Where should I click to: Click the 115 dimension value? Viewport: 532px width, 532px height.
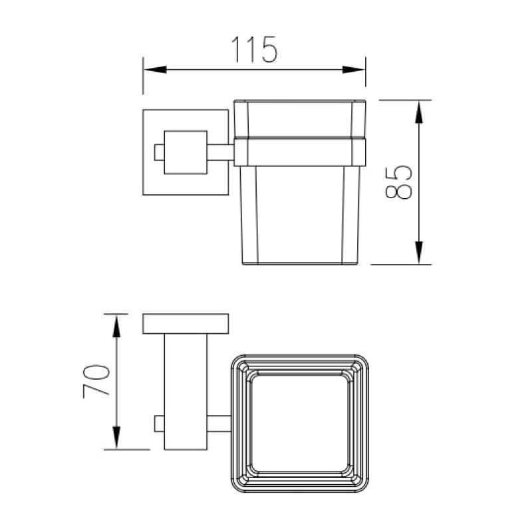[x=255, y=49]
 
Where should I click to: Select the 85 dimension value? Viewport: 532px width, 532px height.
[x=398, y=182]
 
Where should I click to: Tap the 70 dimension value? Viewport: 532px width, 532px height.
[x=96, y=381]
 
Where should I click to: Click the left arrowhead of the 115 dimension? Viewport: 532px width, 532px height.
[x=155, y=70]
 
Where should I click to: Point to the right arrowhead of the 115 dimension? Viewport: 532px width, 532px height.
[x=354, y=70]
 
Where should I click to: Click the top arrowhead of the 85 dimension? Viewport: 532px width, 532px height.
[x=419, y=112]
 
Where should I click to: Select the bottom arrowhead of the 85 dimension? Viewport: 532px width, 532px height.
[x=419, y=253]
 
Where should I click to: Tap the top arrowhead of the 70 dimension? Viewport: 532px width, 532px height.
[x=116, y=326]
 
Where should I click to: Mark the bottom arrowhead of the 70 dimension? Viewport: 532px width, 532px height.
[x=116, y=438]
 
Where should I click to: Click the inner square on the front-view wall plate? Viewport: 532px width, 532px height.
[x=186, y=152]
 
